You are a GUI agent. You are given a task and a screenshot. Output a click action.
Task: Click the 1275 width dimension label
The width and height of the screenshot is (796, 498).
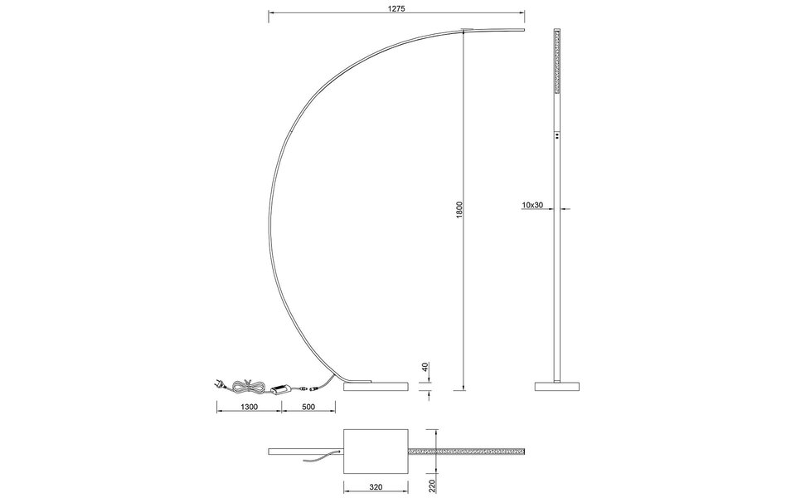click(397, 7)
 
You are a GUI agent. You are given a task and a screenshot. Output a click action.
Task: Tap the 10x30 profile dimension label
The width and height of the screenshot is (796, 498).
click(532, 204)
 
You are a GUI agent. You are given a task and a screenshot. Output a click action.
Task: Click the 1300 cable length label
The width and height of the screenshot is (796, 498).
click(248, 407)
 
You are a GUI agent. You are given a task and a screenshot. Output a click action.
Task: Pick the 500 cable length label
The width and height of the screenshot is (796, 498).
click(308, 407)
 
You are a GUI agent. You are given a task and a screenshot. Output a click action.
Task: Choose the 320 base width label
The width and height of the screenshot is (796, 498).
click(375, 489)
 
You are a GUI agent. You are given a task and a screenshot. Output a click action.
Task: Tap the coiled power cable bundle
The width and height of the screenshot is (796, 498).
click(247, 385)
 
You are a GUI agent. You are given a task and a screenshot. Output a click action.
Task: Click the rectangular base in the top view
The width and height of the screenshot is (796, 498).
click(375, 452)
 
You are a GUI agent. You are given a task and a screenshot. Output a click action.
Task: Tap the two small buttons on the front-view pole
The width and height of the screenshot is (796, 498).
click(556, 134)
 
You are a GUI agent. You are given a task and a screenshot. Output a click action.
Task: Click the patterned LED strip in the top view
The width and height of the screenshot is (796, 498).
click(468, 452)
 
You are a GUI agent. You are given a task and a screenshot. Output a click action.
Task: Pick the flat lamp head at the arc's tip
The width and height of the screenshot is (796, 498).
click(493, 32)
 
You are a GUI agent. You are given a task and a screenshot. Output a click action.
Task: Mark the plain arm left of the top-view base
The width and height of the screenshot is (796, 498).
click(305, 451)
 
